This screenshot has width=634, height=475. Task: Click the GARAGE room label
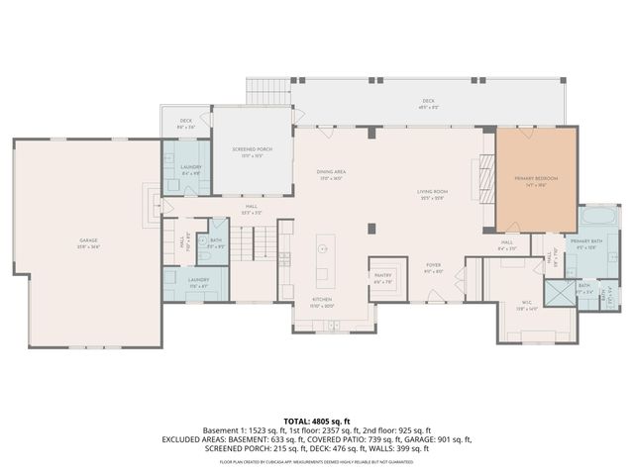(89, 241)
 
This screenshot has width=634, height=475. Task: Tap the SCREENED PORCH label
(253, 151)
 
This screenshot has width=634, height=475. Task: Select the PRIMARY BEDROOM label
(535, 180)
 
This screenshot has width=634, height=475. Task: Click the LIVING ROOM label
(432, 194)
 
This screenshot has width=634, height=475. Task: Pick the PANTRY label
(382, 278)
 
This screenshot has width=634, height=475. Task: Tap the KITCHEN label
(323, 301)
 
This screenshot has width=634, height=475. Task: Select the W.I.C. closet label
(525, 308)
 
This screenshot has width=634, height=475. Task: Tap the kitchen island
(325, 260)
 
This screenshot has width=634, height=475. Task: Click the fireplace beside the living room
(484, 180)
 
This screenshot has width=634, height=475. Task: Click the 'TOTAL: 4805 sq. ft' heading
(317, 422)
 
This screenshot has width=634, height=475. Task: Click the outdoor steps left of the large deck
(267, 92)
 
